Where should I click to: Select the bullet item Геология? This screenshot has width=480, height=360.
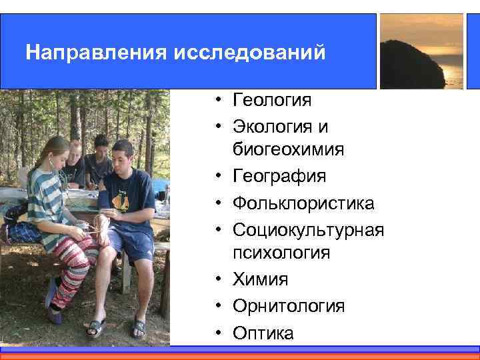pyautogui.click(x=272, y=101)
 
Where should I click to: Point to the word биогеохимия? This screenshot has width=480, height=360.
pyautogui.click(x=288, y=151)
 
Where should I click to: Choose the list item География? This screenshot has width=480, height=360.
pyautogui.click(x=279, y=177)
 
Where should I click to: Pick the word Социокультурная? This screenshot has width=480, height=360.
pyautogui.click(x=308, y=229)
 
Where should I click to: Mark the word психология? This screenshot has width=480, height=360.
pyautogui.click(x=281, y=253)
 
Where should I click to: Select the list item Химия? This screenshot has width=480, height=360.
pyautogui.click(x=261, y=279)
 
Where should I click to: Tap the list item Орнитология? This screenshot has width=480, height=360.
pyautogui.click(x=289, y=306)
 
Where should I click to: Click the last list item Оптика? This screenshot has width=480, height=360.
pyautogui.click(x=263, y=333)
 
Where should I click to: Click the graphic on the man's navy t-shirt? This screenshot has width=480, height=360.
pyautogui.click(x=121, y=201)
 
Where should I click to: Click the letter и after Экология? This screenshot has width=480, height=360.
pyautogui.click(x=324, y=126)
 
